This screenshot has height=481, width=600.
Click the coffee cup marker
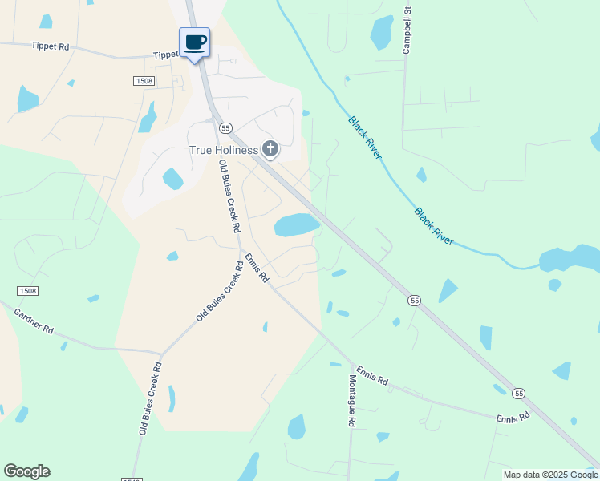pyautogui.click(x=194, y=42)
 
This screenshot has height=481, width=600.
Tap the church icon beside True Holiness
pyautogui.click(x=271, y=149)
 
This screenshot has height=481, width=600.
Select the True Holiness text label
pyautogui.click(x=223, y=150)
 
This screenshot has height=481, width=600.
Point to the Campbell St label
pyautogui.click(x=407, y=31)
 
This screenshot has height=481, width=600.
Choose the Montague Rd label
pyautogui.click(x=351, y=401)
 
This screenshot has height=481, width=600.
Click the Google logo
pyautogui.click(x=26, y=471)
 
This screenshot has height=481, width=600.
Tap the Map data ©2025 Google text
pyautogui.click(x=549, y=475)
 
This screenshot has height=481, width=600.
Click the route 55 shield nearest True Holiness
pyautogui.click(x=225, y=128)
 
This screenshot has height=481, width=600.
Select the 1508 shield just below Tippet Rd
pyautogui.click(x=144, y=81)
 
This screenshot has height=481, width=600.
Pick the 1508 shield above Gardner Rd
pyautogui.click(x=26, y=291)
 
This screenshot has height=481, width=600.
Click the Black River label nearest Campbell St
pyautogui.click(x=365, y=138)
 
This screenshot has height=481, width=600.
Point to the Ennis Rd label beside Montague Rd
pyautogui.click(x=372, y=374)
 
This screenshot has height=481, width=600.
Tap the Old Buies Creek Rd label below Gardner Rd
pyautogui.click(x=151, y=398)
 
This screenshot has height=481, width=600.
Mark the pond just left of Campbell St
pyautogui.click(x=381, y=32)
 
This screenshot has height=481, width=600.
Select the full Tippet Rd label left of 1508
pyautogui.click(x=51, y=47)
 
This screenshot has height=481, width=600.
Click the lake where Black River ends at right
pyautogui.click(x=570, y=260)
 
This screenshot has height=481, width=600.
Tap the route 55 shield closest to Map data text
pyautogui.click(x=519, y=393)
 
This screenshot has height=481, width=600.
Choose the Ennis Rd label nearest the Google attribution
pyautogui.click(x=513, y=418)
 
